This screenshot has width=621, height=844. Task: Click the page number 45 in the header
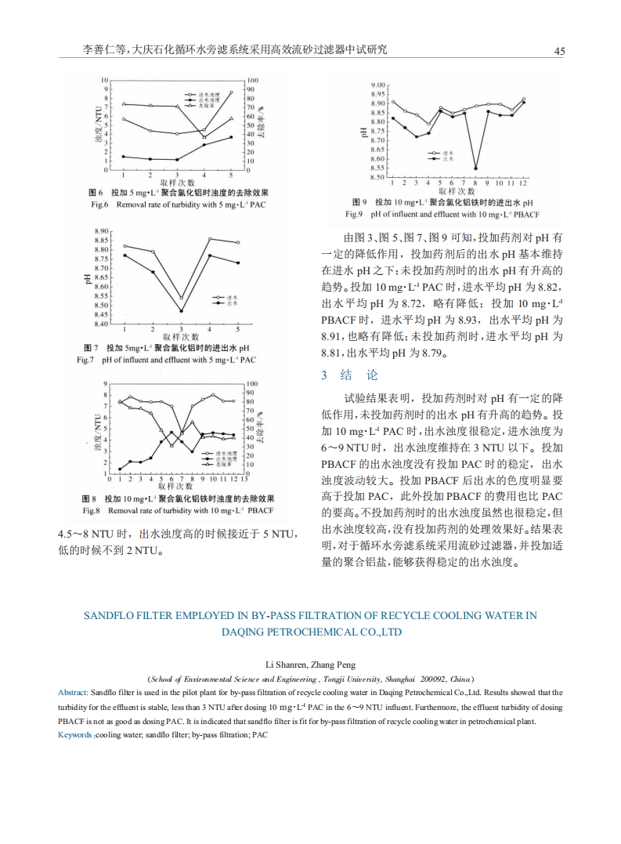click(x=559, y=51)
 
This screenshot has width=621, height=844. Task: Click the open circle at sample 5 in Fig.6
click(x=231, y=92)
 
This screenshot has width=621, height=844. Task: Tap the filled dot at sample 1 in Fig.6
click(x=124, y=157)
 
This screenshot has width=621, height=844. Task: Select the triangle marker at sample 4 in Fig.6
click(x=204, y=136)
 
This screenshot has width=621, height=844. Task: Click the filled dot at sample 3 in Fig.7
click(x=181, y=311)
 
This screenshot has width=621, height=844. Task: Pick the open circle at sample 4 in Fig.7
click(x=210, y=239)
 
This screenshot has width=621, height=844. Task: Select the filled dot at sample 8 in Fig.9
click(x=476, y=168)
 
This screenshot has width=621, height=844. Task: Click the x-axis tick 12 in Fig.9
click(x=523, y=183)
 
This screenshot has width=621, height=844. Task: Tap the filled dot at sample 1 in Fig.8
click(x=120, y=469)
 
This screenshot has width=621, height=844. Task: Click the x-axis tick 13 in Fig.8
click(x=243, y=479)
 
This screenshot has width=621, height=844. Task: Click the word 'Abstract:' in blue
click(x=74, y=693)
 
